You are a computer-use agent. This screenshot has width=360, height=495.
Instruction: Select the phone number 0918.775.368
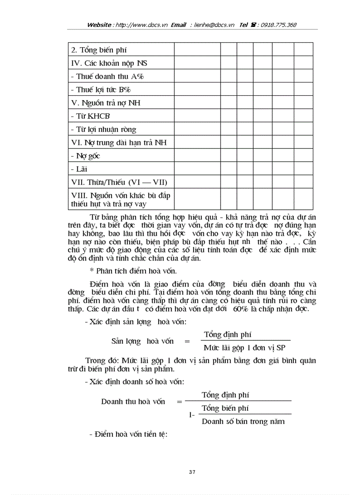(x=278, y=25)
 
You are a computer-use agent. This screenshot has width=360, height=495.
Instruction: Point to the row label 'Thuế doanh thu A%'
(x=107, y=76)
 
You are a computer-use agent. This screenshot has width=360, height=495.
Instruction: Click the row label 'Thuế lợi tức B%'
(x=102, y=89)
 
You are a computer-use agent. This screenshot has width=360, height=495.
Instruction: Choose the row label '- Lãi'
(x=79, y=169)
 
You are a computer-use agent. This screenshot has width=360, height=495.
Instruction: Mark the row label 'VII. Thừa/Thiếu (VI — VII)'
(x=119, y=182)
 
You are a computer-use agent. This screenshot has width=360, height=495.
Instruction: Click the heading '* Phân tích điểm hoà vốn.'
(x=130, y=271)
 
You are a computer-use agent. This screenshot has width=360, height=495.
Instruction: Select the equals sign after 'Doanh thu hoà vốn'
(x=179, y=402)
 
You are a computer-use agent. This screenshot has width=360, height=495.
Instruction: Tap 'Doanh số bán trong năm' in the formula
(x=243, y=421)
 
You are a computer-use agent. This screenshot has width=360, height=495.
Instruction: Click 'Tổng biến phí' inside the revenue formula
(x=225, y=408)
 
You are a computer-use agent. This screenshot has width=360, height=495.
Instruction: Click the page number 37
(x=192, y=472)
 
